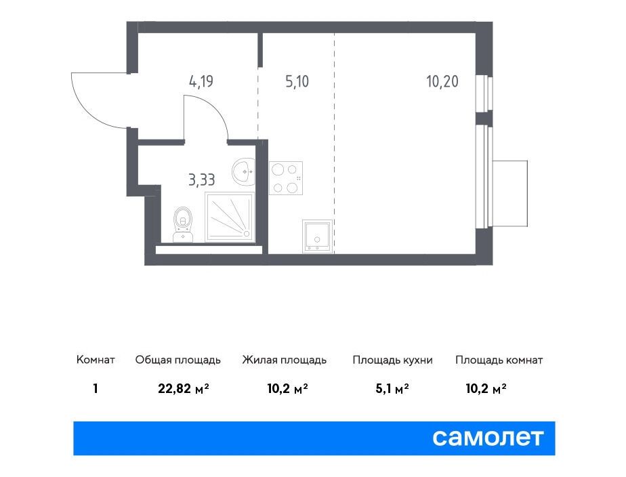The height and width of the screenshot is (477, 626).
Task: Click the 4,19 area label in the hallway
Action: [x=201, y=82]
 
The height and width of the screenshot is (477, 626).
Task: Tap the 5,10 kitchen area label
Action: [x=297, y=82]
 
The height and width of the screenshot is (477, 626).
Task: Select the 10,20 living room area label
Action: [x=442, y=82]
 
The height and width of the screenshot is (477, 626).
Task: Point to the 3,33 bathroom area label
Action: [x=202, y=180]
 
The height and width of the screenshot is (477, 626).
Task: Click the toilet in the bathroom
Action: [x=183, y=224]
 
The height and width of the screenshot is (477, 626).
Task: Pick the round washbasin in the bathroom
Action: [x=243, y=171]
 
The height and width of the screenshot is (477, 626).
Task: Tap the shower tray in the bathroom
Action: [x=230, y=217]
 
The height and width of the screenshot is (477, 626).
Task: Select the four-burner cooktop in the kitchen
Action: [x=285, y=178]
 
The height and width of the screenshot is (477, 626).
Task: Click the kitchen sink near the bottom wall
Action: [x=317, y=236]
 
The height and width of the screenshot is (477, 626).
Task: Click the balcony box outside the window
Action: [x=510, y=194]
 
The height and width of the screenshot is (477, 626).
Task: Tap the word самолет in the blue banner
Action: [x=488, y=438]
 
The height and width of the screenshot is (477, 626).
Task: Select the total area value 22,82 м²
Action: [x=184, y=388]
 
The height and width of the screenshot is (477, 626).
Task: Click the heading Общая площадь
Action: [x=178, y=360]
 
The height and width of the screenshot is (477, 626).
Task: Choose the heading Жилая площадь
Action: [x=285, y=360]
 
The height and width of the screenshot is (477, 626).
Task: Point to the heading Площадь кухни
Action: [x=392, y=360]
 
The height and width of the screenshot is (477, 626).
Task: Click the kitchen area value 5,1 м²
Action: [x=392, y=388]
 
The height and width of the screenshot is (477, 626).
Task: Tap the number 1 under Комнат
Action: [x=96, y=388]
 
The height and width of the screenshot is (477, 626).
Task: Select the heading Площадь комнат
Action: [x=499, y=360]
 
